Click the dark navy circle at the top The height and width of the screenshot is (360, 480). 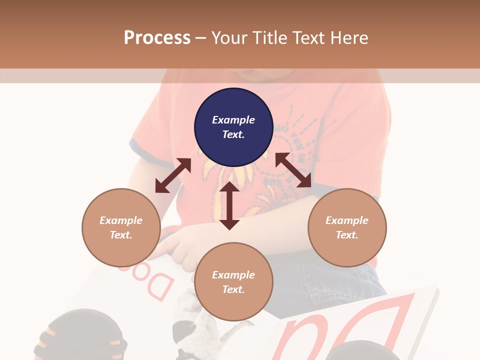click(x=233, y=127)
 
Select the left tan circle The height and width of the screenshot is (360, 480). click(x=121, y=227)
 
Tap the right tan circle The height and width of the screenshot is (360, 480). click(x=347, y=227)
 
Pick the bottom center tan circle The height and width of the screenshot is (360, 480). click(x=233, y=282)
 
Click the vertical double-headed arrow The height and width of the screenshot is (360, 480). click(x=229, y=205)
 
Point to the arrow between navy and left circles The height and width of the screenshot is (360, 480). click(x=173, y=175)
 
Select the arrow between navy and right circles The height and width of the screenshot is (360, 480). click(x=293, y=170)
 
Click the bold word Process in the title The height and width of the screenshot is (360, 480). click(x=157, y=37)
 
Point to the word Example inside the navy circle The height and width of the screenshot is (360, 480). click(x=233, y=120)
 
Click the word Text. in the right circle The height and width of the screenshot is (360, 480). click(x=347, y=235)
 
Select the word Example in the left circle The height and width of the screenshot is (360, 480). click(x=121, y=220)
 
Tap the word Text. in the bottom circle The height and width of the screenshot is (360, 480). click(x=233, y=289)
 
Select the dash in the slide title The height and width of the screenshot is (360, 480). click(x=201, y=38)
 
